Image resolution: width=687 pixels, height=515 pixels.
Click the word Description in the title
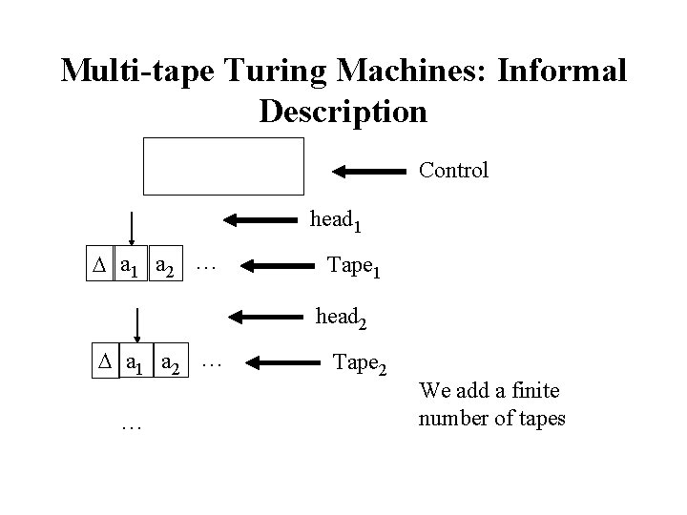[x=343, y=112]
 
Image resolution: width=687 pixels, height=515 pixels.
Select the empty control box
[x=223, y=165]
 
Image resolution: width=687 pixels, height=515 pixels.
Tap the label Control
[x=453, y=171]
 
